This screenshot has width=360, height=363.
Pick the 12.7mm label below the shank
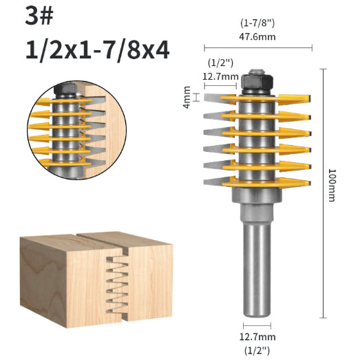[x=259, y=337]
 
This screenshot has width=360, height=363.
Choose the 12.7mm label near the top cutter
[x=221, y=77]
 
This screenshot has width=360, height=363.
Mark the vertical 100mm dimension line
[x=321, y=192]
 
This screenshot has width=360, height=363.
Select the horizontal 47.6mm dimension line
[x=259, y=48]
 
